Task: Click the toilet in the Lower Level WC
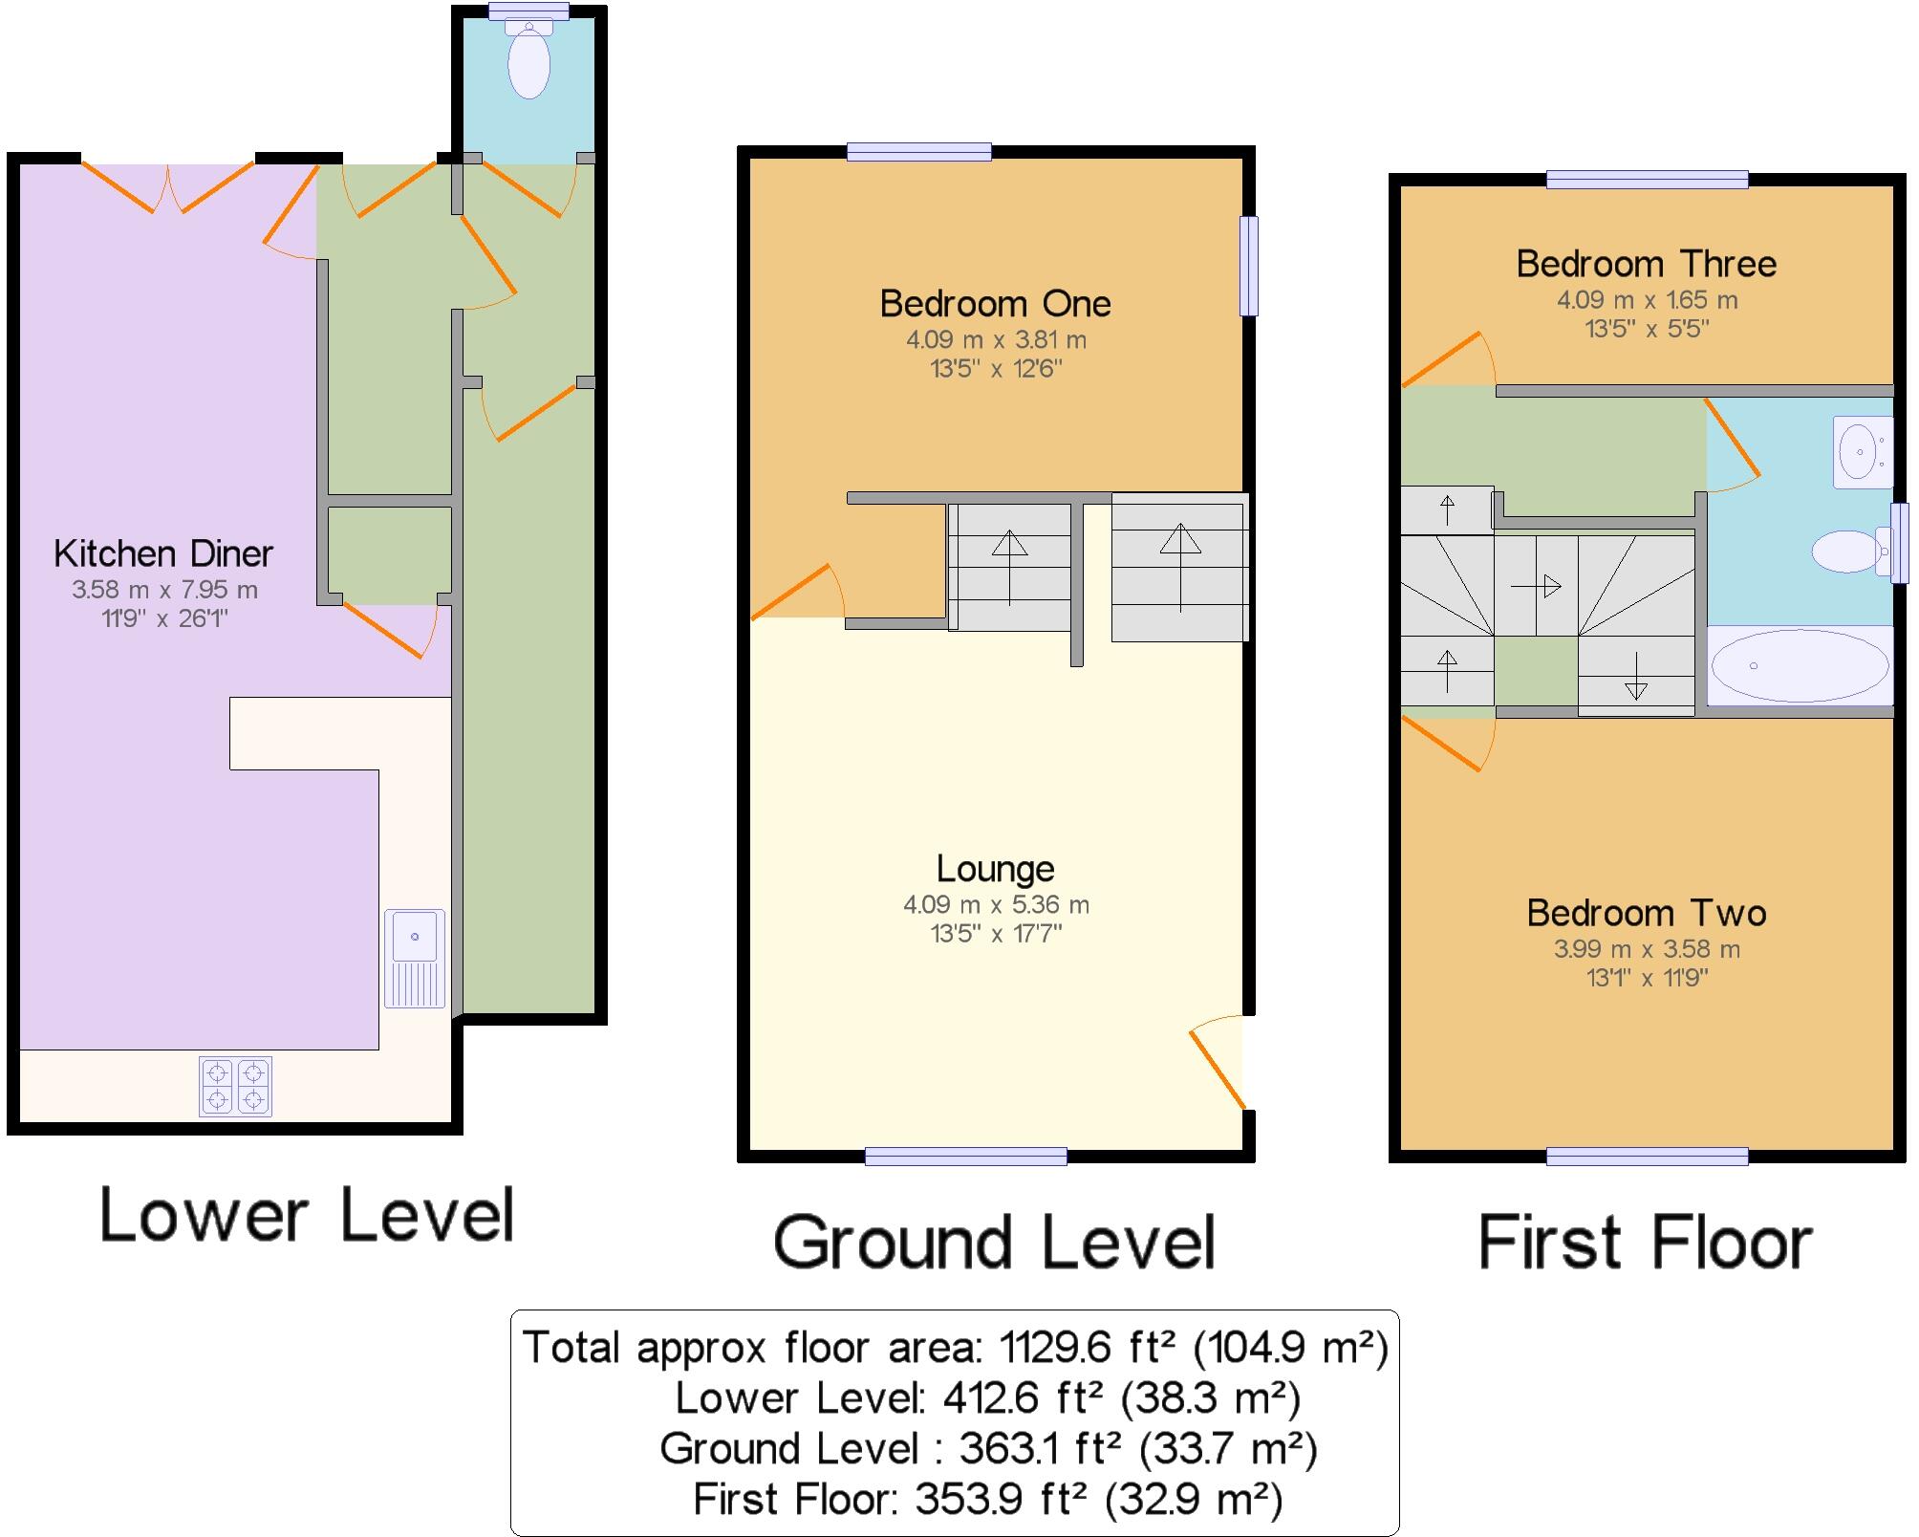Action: click(x=528, y=62)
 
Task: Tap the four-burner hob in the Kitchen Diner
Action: click(x=235, y=1087)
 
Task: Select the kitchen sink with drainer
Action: click(x=415, y=958)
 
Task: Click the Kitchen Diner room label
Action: click(x=162, y=553)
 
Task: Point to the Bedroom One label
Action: click(x=995, y=304)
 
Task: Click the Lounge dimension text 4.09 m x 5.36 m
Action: click(x=996, y=904)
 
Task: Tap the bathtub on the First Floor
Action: click(x=1800, y=665)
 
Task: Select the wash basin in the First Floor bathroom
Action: click(x=1862, y=450)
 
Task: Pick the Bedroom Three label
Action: click(x=1646, y=264)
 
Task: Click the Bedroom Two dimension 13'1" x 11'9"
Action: click(x=1646, y=978)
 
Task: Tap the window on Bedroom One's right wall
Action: click(x=1248, y=266)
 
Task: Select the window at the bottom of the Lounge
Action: click(x=965, y=1157)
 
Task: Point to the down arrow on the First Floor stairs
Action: click(x=1635, y=676)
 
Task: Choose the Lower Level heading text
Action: click(x=307, y=1215)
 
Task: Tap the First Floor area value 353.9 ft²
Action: click(x=1001, y=1499)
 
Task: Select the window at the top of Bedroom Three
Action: click(x=1647, y=179)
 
